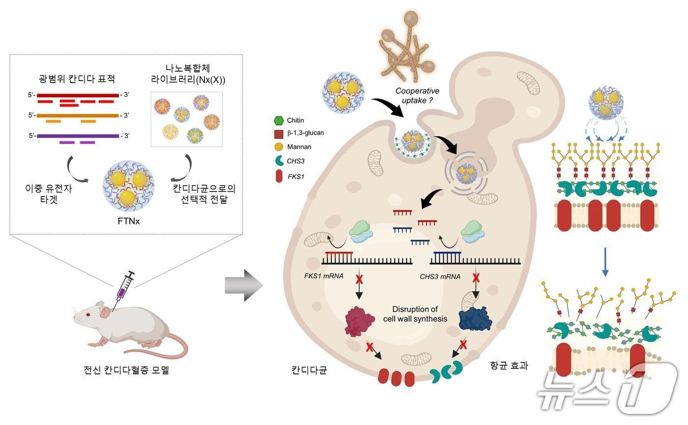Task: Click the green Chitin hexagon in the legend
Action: [x=279, y=119]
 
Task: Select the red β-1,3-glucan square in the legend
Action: [x=279, y=133]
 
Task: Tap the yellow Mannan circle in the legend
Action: [x=279, y=146]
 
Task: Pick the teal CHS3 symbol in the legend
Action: [x=279, y=160]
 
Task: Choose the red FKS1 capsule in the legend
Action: [x=279, y=175]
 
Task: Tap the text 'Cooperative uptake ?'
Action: [x=418, y=96]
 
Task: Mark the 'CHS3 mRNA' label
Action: [x=440, y=277]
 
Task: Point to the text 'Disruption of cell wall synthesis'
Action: [x=415, y=314]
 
